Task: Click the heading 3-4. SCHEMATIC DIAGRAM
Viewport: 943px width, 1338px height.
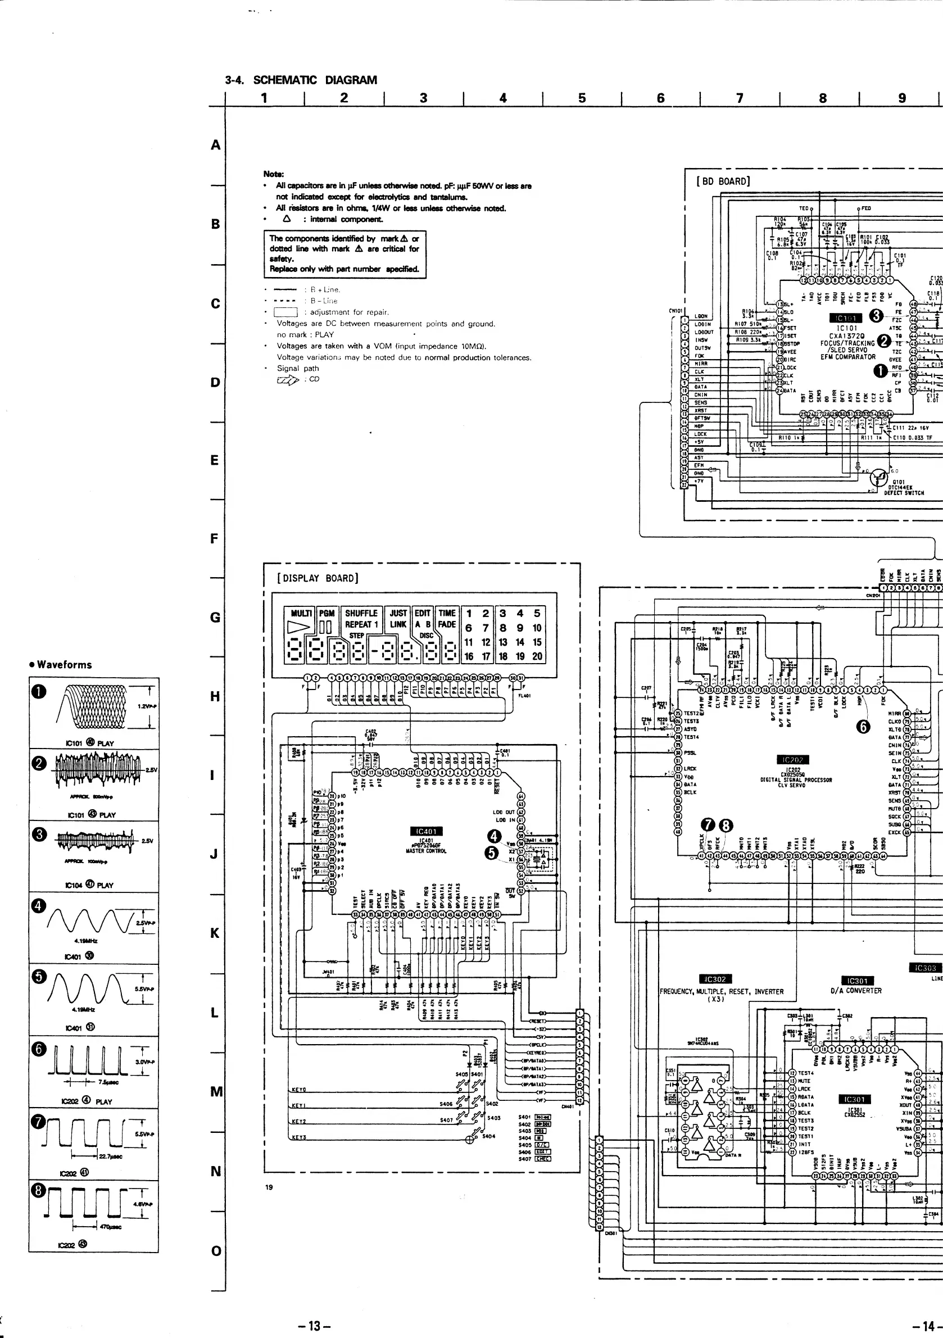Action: point(301,80)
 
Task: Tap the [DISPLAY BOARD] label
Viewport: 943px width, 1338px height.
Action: point(318,578)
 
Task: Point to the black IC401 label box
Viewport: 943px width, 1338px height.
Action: point(427,831)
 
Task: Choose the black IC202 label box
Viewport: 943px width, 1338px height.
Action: point(793,759)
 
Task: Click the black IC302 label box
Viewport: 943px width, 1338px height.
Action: point(714,979)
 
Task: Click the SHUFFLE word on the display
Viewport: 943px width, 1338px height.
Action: point(361,613)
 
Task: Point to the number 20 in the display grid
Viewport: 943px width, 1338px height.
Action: point(537,656)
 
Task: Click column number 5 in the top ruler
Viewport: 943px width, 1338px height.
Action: point(582,98)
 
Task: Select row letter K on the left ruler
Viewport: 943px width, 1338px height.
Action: point(215,933)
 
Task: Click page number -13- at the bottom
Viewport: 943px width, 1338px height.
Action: point(314,1325)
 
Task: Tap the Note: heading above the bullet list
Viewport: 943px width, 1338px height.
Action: point(273,174)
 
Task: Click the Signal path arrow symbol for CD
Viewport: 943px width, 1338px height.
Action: point(287,379)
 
